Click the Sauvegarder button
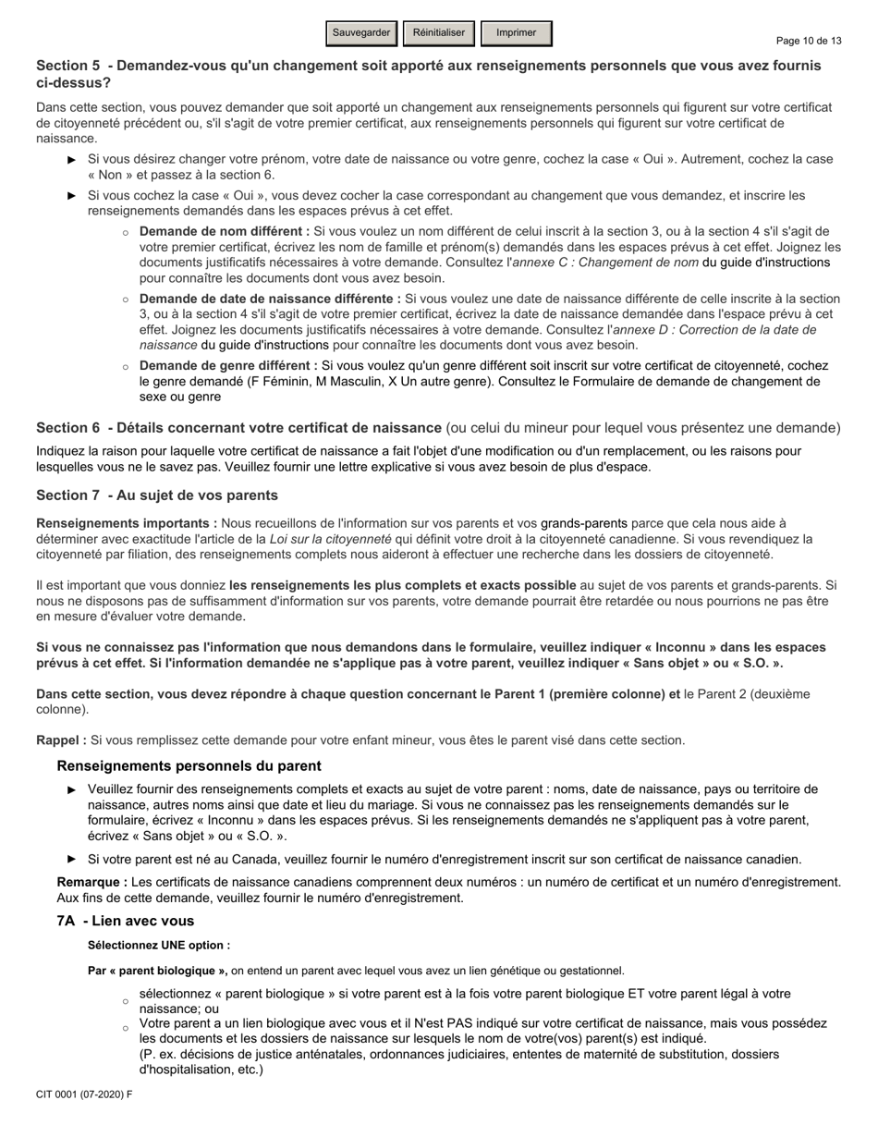tap(361, 33)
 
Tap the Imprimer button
tap(516, 33)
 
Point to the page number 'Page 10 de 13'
tap(809, 41)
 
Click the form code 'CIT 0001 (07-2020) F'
tap(84, 1094)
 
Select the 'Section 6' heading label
tap(67, 428)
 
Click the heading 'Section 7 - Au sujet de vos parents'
tap(156, 495)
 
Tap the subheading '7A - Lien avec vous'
tap(125, 921)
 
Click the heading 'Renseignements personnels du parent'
tap(189, 765)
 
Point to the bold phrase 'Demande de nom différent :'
tap(225, 231)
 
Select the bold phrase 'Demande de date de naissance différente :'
tap(270, 299)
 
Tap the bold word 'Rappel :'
tap(61, 740)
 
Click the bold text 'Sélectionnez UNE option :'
tap(159, 945)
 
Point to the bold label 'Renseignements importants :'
tap(127, 523)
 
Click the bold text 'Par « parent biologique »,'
tap(157, 970)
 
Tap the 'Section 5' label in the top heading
tap(67, 66)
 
